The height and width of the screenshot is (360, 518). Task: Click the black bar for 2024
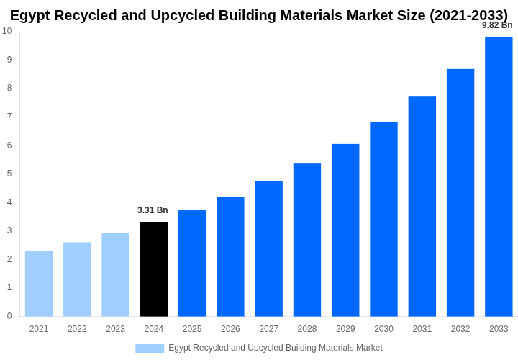pos(154,269)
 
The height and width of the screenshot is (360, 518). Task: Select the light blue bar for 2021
pos(39,284)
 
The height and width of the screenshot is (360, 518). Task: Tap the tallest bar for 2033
pos(499,176)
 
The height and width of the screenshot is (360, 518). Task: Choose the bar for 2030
pos(383,219)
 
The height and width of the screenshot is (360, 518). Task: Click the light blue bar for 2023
pos(115,274)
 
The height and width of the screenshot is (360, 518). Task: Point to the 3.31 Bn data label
pos(153,210)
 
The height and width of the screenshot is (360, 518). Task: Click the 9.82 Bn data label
pos(497,25)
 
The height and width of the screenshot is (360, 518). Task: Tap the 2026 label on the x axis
pos(230,329)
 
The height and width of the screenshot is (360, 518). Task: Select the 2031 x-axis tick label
pos(422,329)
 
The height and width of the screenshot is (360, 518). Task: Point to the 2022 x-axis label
pos(77,329)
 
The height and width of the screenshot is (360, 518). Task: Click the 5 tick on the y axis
pos(9,174)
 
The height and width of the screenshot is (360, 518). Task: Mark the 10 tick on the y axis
pos(7,31)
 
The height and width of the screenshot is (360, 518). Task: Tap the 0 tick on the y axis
pos(9,316)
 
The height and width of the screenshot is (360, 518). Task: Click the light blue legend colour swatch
pos(150,348)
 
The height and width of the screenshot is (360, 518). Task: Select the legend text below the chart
pos(276,348)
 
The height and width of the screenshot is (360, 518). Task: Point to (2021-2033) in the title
pos(468,15)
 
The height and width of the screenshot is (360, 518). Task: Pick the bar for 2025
pos(192,264)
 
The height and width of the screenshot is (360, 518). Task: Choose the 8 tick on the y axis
pos(9,88)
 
